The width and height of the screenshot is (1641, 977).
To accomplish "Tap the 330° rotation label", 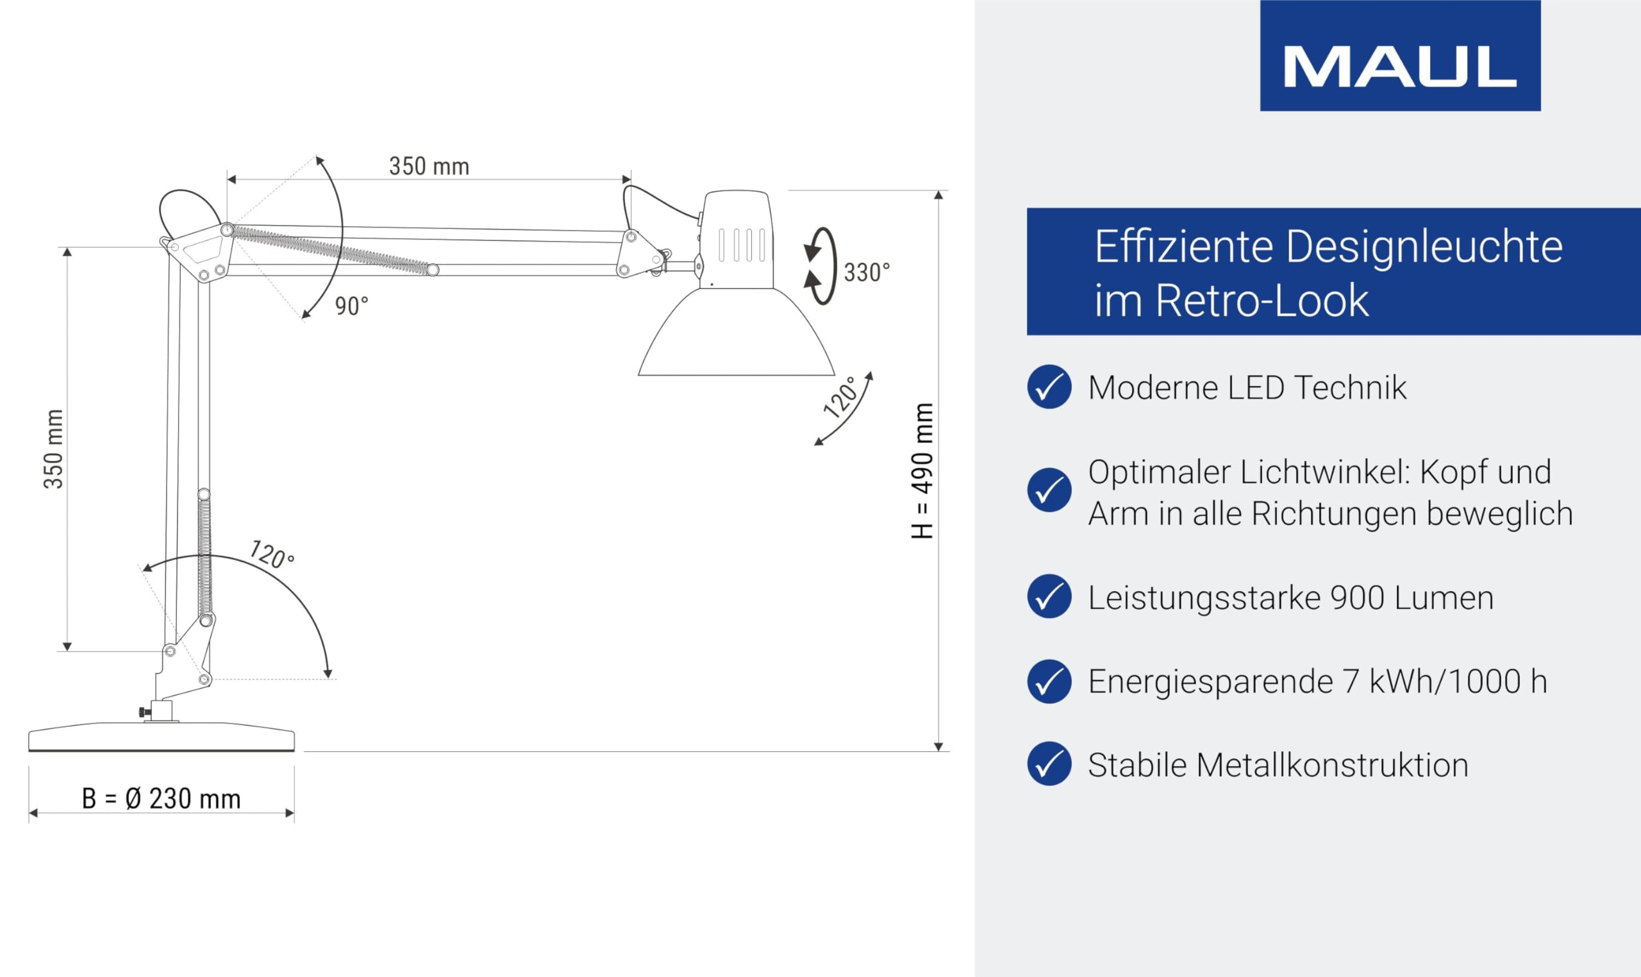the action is pyautogui.click(x=867, y=272).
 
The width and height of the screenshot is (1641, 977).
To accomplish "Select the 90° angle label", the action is pyautogui.click(x=351, y=306).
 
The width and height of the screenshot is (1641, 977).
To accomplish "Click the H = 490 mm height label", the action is pyautogui.click(x=923, y=471).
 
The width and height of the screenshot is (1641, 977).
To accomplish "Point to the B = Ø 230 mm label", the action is pyautogui.click(x=162, y=799).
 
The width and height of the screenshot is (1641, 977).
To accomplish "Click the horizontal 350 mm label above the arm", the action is pyautogui.click(x=429, y=166).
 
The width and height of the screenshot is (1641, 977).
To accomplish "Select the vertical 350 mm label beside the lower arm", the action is pyautogui.click(x=53, y=449).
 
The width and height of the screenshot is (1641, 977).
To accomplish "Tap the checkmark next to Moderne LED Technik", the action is pyautogui.click(x=1049, y=387).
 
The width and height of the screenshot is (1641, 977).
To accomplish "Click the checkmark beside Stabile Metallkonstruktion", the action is pyautogui.click(x=1049, y=764).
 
